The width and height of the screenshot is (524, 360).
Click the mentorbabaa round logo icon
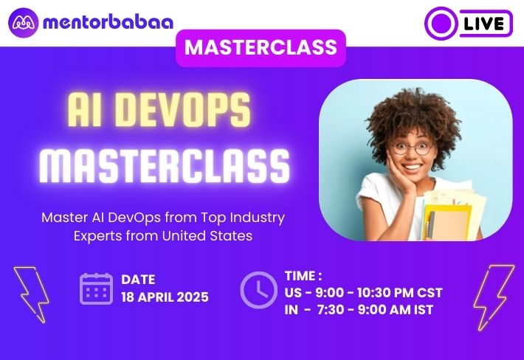24,23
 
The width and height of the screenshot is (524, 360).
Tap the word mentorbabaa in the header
108,22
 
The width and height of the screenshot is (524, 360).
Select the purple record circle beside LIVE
442,24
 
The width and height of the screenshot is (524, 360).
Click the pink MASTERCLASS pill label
261,48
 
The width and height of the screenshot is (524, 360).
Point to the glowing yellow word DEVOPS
184,109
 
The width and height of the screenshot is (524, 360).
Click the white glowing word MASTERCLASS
164,166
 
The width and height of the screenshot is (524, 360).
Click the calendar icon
96,289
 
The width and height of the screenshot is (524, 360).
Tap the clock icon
258,289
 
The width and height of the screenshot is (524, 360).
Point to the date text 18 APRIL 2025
165,297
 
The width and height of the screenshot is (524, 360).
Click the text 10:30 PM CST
400,293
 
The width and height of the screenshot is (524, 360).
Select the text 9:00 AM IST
396,310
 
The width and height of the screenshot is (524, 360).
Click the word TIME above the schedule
300,276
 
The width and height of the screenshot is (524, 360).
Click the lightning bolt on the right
494,297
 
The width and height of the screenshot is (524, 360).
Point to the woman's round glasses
413,148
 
